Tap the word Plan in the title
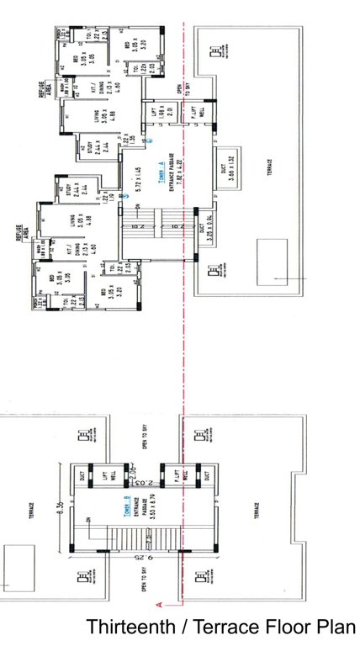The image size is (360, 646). tap(336, 627)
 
